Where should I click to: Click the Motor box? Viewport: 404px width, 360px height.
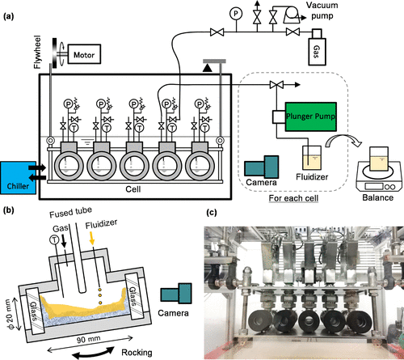[x=84, y=54]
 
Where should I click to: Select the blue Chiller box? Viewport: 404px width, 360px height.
[x=18, y=178]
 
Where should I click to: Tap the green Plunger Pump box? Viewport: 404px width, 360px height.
[x=310, y=116]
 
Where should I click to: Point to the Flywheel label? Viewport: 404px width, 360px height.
[x=37, y=52]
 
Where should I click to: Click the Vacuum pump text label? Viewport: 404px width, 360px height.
[x=322, y=11]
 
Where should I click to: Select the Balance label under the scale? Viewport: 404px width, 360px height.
[x=377, y=197]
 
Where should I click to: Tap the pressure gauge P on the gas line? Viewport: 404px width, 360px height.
[x=236, y=14]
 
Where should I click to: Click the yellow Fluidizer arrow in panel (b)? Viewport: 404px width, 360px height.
[x=92, y=238]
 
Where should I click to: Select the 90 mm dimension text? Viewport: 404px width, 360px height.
[x=88, y=340]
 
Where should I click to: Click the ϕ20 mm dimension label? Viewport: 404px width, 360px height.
[x=9, y=314]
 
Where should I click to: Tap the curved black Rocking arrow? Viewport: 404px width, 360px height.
[x=93, y=353]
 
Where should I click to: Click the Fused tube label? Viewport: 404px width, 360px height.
[x=70, y=212]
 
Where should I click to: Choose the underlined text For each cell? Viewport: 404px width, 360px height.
[x=293, y=198]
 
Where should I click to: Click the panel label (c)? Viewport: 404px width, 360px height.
[x=212, y=213]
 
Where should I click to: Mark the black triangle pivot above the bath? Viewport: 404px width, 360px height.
[x=208, y=68]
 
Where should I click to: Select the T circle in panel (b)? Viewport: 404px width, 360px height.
[x=55, y=239]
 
